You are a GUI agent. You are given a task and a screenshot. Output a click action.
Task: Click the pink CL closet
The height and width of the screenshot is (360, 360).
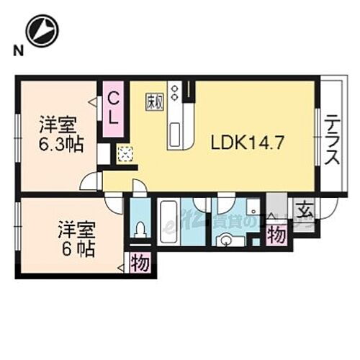(x=114, y=112)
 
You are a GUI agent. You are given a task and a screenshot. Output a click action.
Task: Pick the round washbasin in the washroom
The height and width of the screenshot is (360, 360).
(x=228, y=240)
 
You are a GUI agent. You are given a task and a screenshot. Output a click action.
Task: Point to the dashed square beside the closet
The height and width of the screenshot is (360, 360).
(x=125, y=154)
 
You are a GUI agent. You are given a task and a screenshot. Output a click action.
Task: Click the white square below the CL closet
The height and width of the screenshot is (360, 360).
(x=104, y=153)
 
